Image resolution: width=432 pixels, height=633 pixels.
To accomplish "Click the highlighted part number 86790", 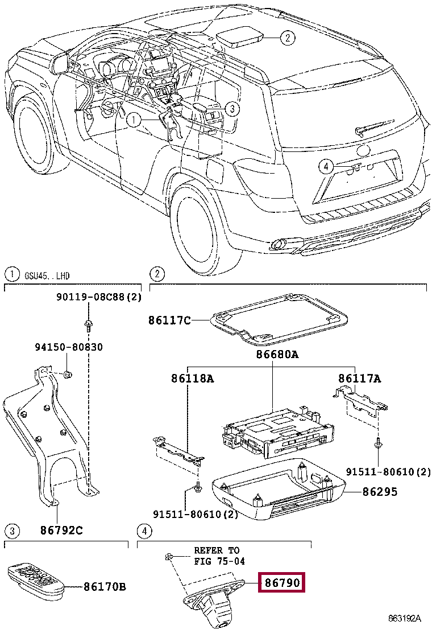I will (283, 583).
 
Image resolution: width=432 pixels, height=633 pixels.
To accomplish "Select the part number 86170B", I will (104, 586).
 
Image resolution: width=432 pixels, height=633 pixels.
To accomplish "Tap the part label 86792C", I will (61, 531).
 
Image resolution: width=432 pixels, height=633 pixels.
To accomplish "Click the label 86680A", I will (277, 355).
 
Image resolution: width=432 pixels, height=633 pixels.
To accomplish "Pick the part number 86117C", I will (169, 320).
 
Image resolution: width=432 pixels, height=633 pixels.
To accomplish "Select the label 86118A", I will (192, 378).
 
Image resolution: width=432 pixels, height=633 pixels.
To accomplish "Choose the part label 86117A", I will (360, 378).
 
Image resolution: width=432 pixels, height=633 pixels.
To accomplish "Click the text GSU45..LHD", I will (47, 276).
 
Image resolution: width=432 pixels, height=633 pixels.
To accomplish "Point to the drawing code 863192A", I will (405, 618).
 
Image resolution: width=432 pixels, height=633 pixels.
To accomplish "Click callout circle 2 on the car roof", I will (288, 38).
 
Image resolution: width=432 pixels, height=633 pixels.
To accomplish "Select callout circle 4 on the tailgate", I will (325, 166).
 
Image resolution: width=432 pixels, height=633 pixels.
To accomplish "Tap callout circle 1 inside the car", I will (132, 120).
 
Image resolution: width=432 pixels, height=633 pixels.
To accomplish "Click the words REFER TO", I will (217, 550).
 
